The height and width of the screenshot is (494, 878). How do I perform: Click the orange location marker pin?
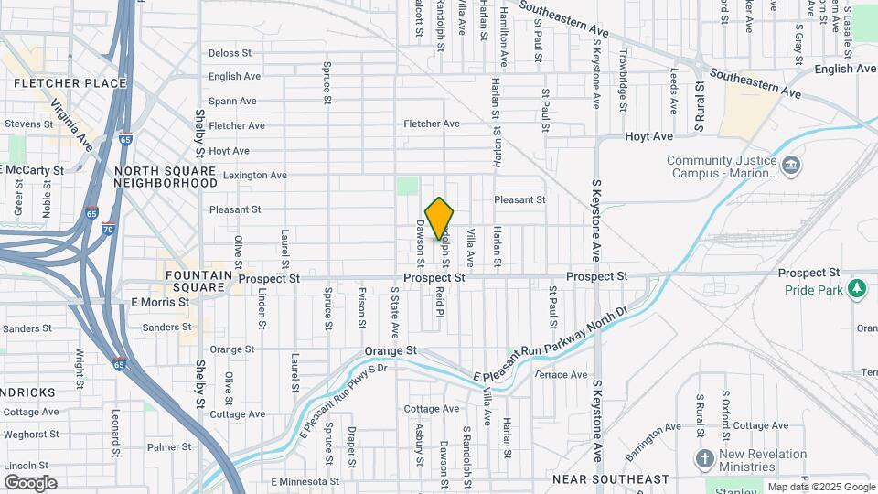pyautogui.click(x=439, y=218)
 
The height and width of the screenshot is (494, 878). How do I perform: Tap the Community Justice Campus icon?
pyautogui.click(x=791, y=166)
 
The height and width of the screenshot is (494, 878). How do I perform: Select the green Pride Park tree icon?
pyautogui.click(x=857, y=290)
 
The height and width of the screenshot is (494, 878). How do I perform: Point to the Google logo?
pyautogui.click(x=30, y=483)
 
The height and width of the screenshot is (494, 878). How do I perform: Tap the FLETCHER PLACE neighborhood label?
pyautogui.click(x=70, y=83)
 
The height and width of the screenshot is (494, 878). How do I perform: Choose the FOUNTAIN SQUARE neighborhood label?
pyautogui.click(x=195, y=281)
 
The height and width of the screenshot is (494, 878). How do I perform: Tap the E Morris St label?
pyautogui.click(x=160, y=302)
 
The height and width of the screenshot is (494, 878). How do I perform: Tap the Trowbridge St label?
pyautogui.click(x=623, y=80)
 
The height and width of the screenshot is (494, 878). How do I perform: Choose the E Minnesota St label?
pyautogui.click(x=304, y=481)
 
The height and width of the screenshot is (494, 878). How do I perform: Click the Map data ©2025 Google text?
pyautogui.click(x=821, y=487)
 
